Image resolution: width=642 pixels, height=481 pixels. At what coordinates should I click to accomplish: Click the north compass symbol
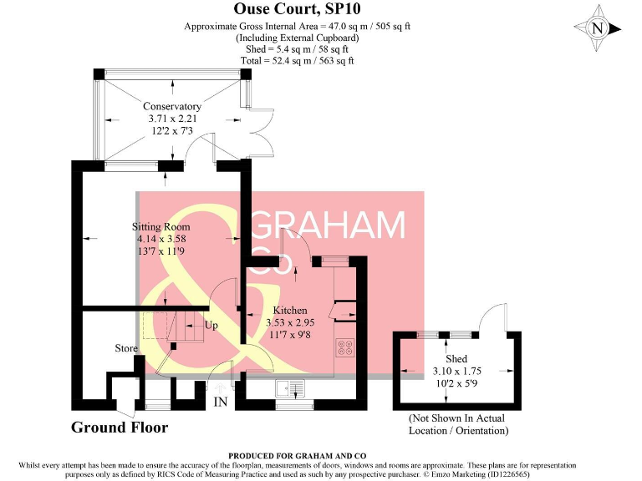[x=597, y=28]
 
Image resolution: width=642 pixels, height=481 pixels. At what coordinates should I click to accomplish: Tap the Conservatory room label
[x=172, y=106]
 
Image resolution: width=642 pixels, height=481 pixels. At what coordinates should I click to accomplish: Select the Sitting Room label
[x=161, y=226]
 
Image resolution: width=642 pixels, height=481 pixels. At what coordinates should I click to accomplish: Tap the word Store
[x=126, y=348]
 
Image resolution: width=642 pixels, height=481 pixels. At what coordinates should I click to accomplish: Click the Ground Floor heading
[x=119, y=428]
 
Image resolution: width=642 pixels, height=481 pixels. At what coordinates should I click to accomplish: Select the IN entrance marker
[x=221, y=403]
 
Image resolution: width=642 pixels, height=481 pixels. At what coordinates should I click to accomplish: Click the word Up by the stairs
[x=211, y=325]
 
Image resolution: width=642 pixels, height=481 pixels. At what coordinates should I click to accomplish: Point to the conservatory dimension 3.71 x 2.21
[x=172, y=119]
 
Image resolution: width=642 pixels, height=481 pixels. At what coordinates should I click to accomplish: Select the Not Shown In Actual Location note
[x=457, y=424]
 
